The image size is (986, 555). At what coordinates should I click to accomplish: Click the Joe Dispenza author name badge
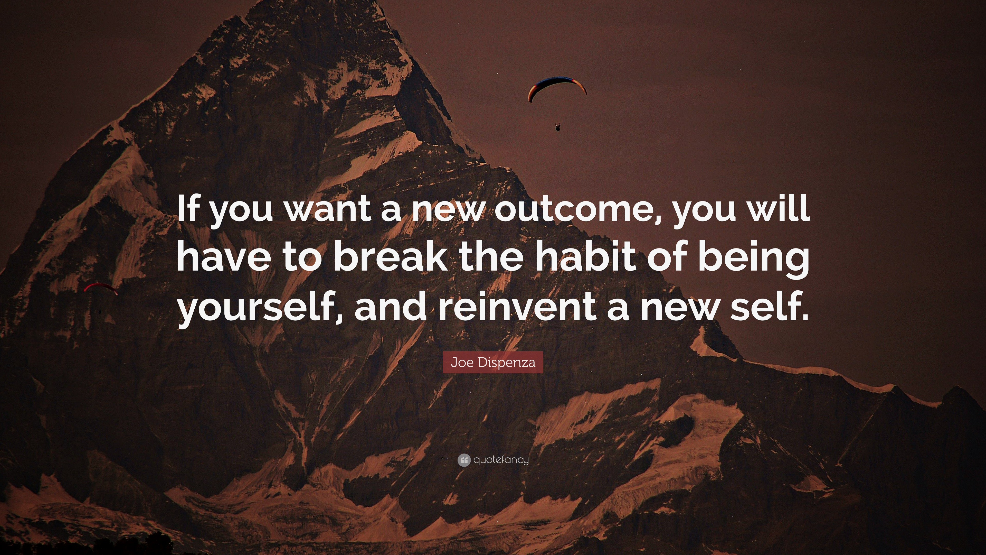coord(493,362)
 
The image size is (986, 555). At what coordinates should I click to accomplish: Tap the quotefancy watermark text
coord(501,460)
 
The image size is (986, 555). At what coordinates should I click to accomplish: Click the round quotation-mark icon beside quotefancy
coord(464,460)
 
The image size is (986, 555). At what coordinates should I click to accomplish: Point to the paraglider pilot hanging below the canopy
coord(558,127)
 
